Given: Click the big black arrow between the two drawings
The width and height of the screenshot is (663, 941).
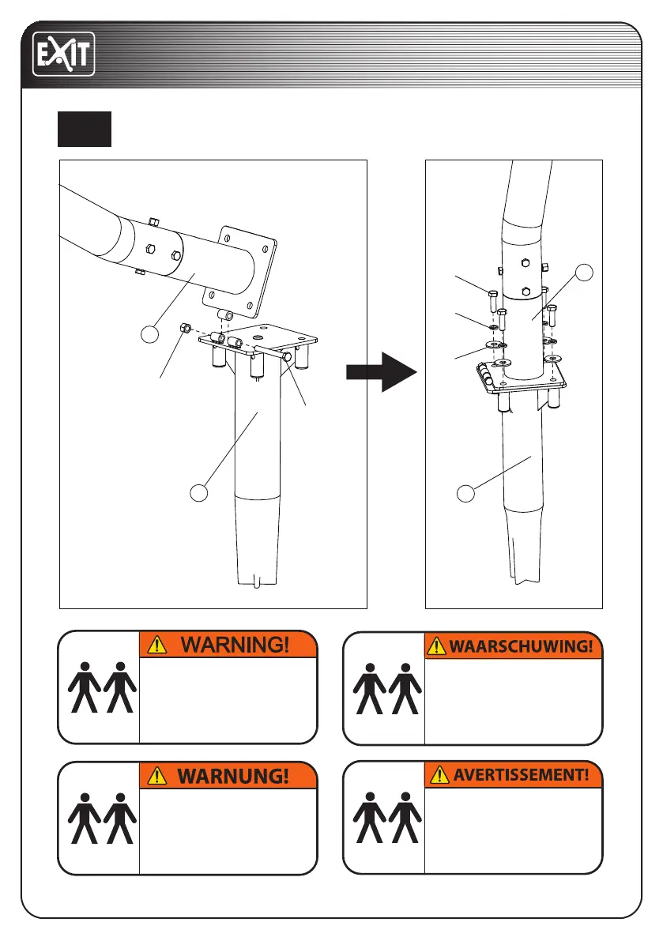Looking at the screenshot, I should pyautogui.click(x=382, y=372).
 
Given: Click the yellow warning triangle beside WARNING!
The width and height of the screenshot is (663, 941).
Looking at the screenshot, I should pyautogui.click(x=158, y=645).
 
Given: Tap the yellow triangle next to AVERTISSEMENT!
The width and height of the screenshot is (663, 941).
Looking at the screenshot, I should pyautogui.click(x=437, y=776).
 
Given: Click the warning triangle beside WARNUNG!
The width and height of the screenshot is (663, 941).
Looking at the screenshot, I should pyautogui.click(x=158, y=776).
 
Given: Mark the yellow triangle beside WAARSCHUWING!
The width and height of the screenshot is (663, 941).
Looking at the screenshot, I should pyautogui.click(x=437, y=646).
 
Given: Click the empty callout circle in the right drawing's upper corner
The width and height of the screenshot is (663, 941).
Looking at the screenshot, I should pyautogui.click(x=584, y=273).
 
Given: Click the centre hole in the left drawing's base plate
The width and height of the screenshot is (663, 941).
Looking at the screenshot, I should pyautogui.click(x=260, y=336).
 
